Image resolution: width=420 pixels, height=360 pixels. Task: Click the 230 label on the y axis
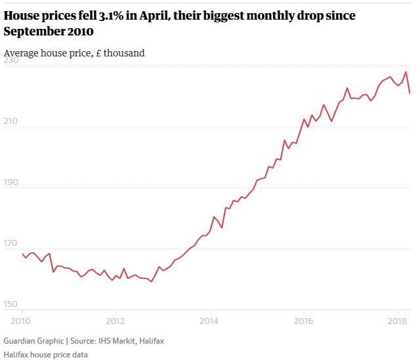12,60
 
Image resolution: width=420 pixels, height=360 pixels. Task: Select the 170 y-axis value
12,243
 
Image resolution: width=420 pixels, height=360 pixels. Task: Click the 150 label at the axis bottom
12,304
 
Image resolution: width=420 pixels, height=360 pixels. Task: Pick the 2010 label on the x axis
22,321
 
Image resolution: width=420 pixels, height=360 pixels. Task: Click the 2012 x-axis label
115,321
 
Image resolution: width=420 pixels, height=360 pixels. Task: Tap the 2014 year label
209,321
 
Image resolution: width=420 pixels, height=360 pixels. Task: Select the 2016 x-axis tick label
303,321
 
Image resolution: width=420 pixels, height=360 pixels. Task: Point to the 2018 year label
397,321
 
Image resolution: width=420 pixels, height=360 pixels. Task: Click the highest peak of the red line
406,72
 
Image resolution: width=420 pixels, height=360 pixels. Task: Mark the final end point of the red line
410,93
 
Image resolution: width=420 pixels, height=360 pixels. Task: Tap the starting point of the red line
22,254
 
